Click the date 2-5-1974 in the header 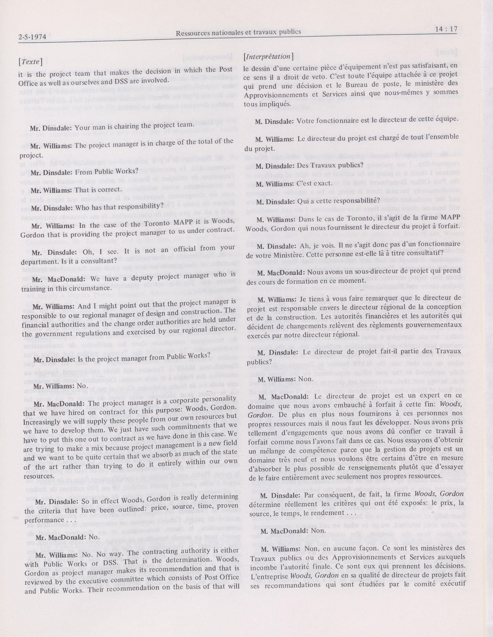32,37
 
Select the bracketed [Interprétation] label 268,57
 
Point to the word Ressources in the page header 192,33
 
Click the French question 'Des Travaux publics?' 330,165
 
